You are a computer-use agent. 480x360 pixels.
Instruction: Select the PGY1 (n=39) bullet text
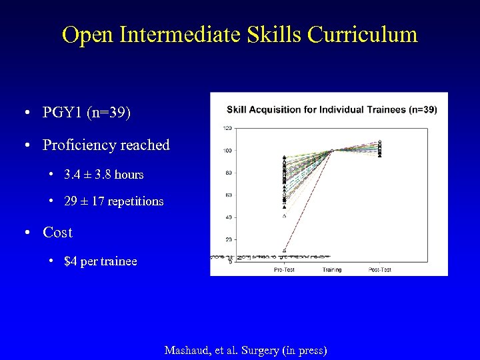point(87,112)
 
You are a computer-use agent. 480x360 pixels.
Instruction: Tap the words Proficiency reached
point(106,145)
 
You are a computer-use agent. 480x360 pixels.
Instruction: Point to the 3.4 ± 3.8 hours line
point(104,175)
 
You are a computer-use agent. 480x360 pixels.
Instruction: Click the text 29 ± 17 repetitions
point(113,201)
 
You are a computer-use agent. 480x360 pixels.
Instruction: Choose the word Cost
point(57,233)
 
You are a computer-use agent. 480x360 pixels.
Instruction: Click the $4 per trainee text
point(101,261)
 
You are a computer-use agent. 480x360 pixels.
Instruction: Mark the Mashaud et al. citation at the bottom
point(245,350)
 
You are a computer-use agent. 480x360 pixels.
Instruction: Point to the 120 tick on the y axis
point(227,128)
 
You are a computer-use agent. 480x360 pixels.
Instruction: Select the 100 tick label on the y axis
point(227,151)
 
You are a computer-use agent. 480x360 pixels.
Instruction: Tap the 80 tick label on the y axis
point(229,173)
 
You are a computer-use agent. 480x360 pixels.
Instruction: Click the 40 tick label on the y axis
point(229,217)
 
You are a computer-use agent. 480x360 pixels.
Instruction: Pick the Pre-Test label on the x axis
point(284,269)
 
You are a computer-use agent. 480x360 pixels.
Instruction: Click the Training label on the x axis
point(331,269)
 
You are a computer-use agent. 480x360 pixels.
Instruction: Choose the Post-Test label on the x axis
point(379,269)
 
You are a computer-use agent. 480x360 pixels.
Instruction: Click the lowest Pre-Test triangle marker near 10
point(285,250)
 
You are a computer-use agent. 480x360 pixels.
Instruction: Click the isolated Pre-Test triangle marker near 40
point(285,215)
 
